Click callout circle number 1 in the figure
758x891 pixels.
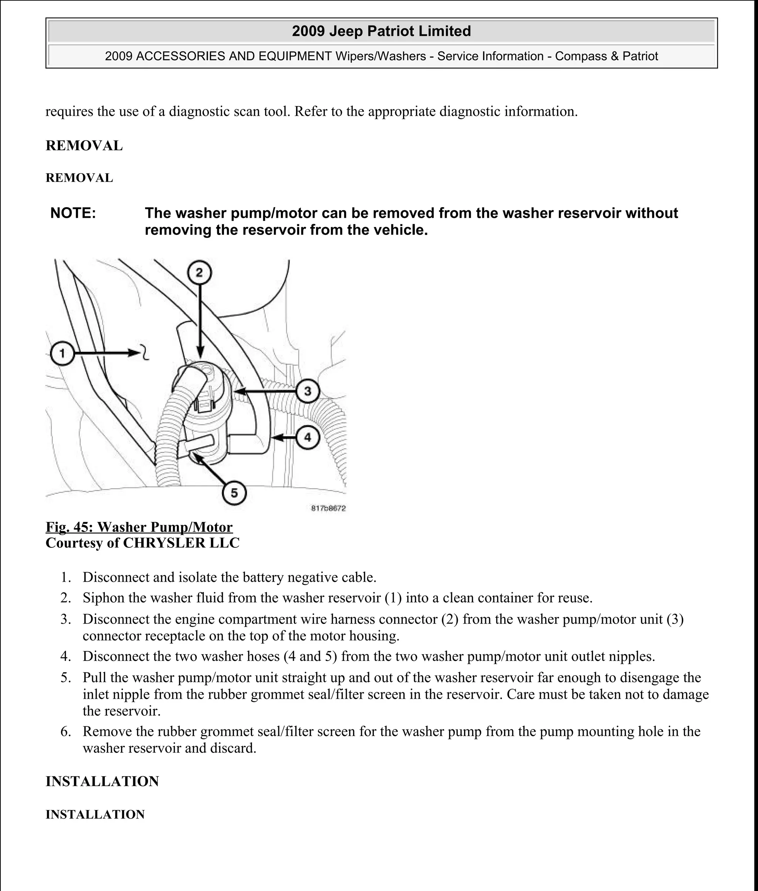pos(62,353)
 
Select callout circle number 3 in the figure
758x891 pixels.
pos(308,391)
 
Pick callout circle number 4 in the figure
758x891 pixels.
pos(308,438)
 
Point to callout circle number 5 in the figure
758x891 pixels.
pos(234,493)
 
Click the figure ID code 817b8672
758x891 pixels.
pos(328,509)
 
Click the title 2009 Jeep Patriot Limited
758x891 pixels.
pos(381,31)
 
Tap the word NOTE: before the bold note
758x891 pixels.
pos(73,213)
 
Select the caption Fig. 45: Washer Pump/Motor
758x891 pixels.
pos(139,527)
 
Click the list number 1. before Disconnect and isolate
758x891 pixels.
pos(66,577)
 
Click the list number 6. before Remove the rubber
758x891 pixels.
pos(66,731)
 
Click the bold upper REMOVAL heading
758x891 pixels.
pos(84,146)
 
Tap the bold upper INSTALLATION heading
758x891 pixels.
pos(102,781)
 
